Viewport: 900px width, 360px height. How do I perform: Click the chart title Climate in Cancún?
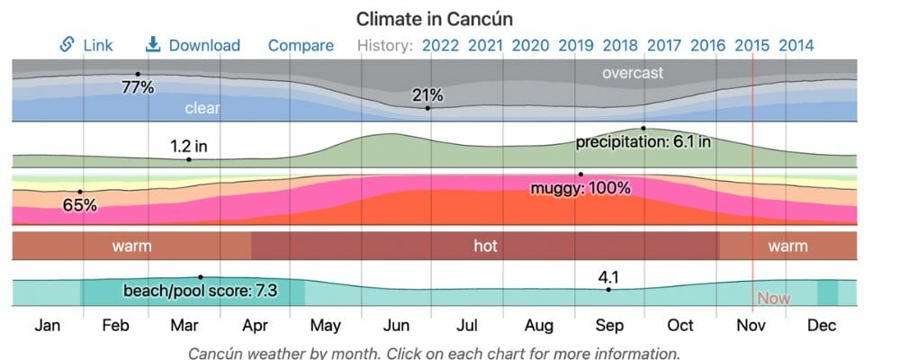pos(441,18)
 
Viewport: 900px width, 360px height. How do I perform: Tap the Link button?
pos(87,45)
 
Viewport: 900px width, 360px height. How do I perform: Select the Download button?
pos(193,45)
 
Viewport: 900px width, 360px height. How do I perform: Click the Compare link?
pos(301,45)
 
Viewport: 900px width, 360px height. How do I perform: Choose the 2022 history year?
pos(441,45)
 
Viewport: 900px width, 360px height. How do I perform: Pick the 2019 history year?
pos(576,45)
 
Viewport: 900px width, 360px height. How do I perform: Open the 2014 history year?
pos(796,45)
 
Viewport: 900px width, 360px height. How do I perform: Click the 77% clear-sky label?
pos(138,88)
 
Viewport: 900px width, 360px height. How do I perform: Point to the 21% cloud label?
pos(428,94)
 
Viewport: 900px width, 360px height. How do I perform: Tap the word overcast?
pos(633,73)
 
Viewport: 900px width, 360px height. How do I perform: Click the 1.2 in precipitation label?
pos(188,145)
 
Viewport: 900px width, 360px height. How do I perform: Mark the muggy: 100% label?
pos(580,188)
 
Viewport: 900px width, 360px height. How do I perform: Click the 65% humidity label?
pos(79,205)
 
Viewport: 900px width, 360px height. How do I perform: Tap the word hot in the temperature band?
pos(485,246)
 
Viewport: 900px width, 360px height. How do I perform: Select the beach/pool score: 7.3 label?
pos(200,292)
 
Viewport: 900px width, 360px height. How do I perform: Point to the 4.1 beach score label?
pos(609,276)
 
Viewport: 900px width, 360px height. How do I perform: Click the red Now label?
pos(773,298)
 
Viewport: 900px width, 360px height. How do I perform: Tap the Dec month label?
pos(822,326)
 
